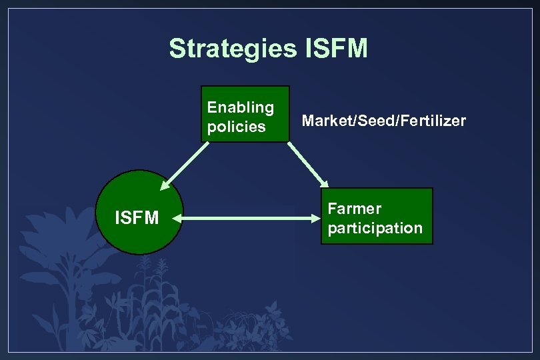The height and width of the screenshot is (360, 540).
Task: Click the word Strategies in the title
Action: [x=233, y=49]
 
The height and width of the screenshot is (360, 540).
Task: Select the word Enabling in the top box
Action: [x=240, y=107]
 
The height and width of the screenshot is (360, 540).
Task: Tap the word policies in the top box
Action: [x=236, y=127]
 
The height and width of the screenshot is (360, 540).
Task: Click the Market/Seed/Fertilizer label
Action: [x=383, y=121]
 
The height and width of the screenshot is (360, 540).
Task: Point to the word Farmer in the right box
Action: [x=354, y=209]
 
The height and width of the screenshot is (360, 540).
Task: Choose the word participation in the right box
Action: [x=375, y=228]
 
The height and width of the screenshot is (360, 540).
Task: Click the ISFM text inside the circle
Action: [x=137, y=217]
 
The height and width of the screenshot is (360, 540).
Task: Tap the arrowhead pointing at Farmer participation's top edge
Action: [x=325, y=184]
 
